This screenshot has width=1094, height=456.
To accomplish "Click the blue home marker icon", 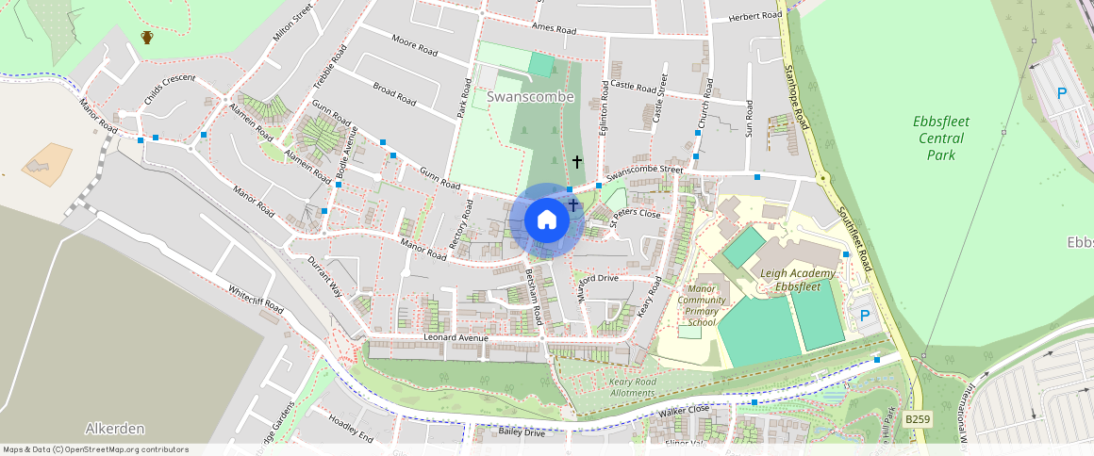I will (x=546, y=220).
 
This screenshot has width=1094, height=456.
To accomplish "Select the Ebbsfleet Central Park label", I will (x=940, y=138).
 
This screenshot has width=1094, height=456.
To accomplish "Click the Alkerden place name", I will (x=115, y=429).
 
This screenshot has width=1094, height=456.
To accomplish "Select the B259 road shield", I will (x=917, y=417).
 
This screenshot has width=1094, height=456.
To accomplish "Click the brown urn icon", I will (x=147, y=37).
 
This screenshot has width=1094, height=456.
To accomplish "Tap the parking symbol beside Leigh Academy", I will (x=862, y=315).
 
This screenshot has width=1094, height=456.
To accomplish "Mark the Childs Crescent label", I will (x=170, y=79).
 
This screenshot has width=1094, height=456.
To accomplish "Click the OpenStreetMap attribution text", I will (x=95, y=449).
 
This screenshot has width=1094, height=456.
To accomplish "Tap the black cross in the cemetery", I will (x=577, y=162).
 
